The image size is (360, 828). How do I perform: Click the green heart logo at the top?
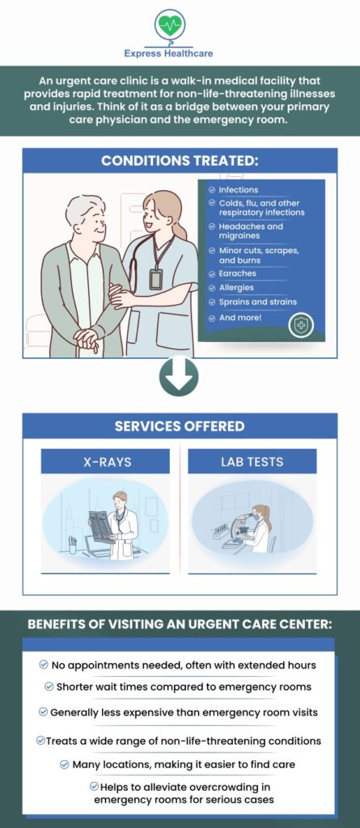coord(169,24)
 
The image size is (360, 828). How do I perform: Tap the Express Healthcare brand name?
coord(168,53)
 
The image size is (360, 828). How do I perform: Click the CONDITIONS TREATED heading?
coord(180,161)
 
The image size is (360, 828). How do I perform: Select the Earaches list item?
coord(238,273)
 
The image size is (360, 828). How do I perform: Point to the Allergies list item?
coord(236,288)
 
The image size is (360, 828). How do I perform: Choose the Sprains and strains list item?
coord(257,302)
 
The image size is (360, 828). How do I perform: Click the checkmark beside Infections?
coord(212,189)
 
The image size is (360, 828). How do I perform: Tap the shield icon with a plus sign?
coord(301,325)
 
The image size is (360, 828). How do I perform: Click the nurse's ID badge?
coord(155,279)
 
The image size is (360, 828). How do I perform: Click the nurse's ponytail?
coord(180,228)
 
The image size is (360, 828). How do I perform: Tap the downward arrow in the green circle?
coord(180,377)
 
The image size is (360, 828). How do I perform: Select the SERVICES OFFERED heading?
coord(180,426)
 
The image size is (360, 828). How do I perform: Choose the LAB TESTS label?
coord(252,462)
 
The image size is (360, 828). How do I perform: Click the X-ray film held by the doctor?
coord(102,526)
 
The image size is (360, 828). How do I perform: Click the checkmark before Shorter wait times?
coord(49,687)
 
